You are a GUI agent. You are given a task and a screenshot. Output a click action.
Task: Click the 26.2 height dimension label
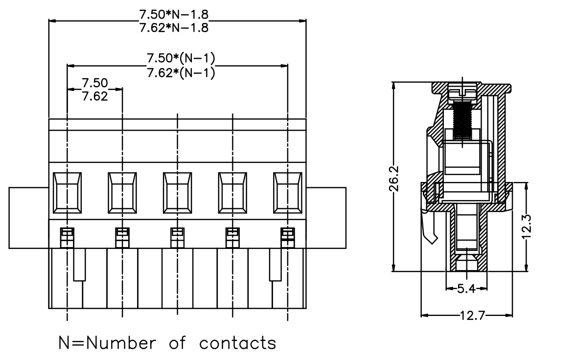pos(394,179)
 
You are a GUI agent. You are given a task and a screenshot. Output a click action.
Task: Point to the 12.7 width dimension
pos(473,315)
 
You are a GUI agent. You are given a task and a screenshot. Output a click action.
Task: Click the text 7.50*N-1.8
pos(174,14)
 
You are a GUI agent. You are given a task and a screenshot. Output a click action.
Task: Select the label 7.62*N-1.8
pos(174,27)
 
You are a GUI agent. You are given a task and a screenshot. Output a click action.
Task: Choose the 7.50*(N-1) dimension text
pos(181,58)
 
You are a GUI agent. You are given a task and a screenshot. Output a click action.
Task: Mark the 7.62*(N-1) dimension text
pos(181,73)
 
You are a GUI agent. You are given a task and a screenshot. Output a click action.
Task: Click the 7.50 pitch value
pos(94,83)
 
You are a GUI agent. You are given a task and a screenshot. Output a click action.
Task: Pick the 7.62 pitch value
pos(94,96)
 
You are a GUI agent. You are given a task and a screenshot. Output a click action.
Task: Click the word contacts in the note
pos(238,343)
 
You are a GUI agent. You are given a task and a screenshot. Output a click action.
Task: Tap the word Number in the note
pos(121,343)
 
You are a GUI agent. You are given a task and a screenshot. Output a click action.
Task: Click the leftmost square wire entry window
pos(67,193)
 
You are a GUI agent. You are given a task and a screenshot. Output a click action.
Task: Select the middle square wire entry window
pos(178,193)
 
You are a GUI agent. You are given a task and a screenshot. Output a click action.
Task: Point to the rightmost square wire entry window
pos(288,193)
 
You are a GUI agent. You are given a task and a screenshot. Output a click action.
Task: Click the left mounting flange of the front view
pos(28,218)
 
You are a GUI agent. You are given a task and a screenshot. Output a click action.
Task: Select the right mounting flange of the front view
pos(326,218)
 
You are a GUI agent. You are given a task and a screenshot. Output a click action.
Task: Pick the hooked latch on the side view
pos(430,227)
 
